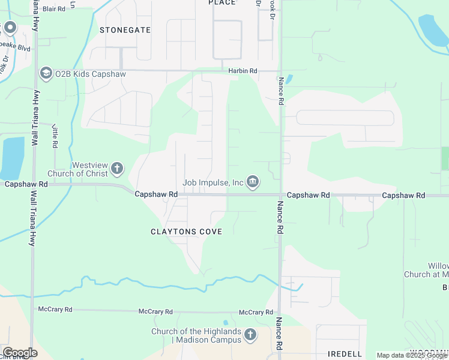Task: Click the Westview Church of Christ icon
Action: point(117,169)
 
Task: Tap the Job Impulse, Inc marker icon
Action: point(253,182)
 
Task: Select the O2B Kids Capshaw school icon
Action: point(46,74)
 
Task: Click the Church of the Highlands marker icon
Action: point(250,335)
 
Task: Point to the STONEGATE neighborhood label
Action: point(125,29)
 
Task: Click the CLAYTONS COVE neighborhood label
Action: point(186,232)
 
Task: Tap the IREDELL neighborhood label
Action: point(345,353)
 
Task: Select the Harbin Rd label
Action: point(243,71)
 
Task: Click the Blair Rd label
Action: point(53,9)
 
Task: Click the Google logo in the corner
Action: point(20,353)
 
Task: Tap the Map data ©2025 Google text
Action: point(411,355)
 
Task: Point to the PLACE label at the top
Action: point(222,3)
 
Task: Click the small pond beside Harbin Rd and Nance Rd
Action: point(289,79)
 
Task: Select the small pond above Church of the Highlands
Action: point(226,323)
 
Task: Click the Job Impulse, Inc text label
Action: point(213,182)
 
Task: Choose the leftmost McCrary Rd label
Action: point(55,310)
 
